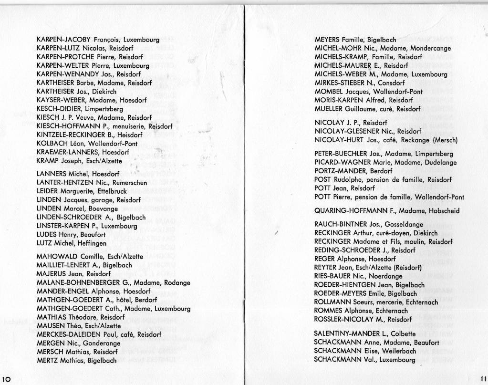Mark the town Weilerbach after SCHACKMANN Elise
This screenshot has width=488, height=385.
(404, 351)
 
